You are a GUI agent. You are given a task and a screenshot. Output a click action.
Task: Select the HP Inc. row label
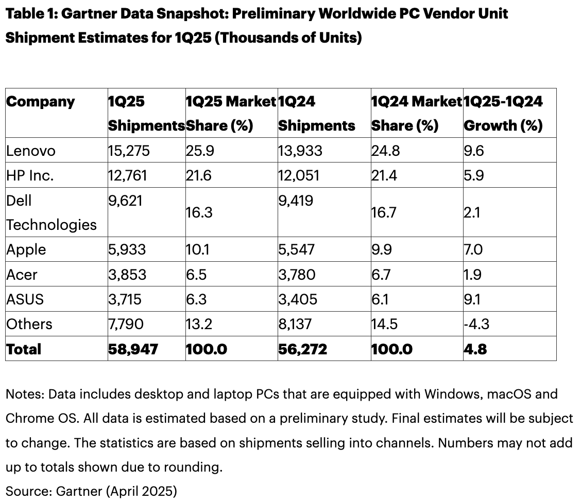[30, 175]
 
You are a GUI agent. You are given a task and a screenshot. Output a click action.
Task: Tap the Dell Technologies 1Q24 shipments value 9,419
[295, 200]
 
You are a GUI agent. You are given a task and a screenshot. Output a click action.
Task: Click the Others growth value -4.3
[476, 324]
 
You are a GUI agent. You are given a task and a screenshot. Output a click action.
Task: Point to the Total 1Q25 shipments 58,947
[133, 349]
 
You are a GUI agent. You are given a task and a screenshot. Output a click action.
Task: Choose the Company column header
[41, 101]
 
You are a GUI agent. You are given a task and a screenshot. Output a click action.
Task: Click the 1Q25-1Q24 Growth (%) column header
[503, 113]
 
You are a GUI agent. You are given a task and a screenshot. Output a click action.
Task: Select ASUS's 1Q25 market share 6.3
[196, 299]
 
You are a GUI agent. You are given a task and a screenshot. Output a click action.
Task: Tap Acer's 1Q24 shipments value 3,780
[297, 275]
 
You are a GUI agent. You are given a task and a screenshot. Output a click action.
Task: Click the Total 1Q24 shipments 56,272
[302, 349]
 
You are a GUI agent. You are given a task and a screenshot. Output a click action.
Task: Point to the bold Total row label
[24, 349]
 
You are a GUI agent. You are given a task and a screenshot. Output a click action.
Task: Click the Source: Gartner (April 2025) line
[91, 491]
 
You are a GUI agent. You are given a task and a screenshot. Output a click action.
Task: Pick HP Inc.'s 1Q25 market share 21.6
[199, 175]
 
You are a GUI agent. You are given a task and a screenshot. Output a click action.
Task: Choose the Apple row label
[26, 249]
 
